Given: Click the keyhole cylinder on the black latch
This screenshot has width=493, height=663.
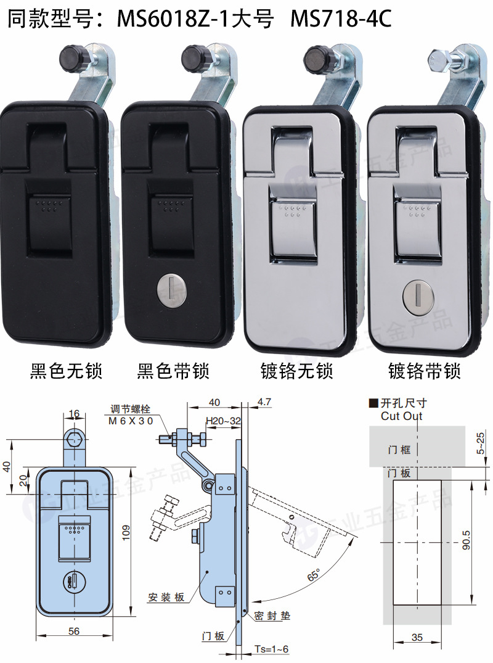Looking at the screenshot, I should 173,289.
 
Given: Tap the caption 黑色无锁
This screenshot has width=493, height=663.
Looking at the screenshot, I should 66,371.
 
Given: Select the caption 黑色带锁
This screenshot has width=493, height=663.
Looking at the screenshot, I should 173,371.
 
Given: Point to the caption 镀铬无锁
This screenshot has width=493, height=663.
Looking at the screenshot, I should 296,371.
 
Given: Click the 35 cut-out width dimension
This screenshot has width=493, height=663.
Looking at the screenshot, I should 417,638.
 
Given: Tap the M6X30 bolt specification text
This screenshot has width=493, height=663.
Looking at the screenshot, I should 130,420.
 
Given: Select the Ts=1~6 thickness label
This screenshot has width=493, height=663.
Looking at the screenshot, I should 271,649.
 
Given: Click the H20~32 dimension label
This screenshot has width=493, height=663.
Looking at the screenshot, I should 223,420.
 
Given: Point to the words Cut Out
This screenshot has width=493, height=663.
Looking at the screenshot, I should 402,416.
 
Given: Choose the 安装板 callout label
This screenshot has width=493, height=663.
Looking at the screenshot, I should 166,597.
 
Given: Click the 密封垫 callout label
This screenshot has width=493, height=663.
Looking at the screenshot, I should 271,616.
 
